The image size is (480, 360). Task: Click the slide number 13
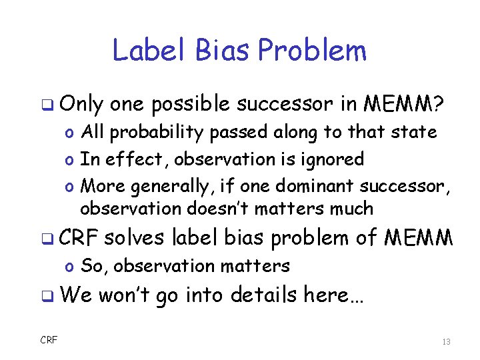[446, 341]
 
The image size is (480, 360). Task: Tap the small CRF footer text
[49, 341]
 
